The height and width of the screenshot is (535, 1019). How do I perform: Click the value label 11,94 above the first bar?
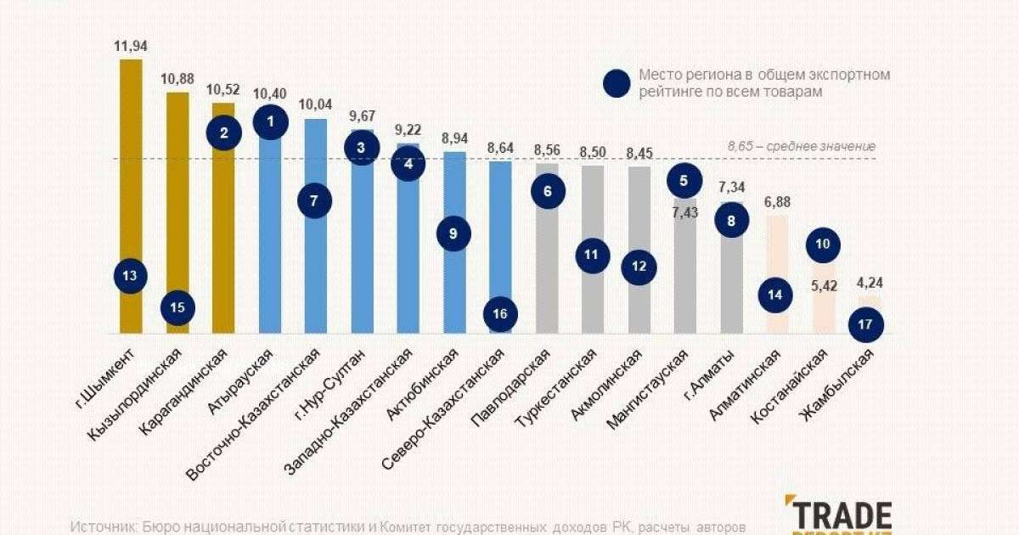131,46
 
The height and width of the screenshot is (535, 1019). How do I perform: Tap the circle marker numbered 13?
130,275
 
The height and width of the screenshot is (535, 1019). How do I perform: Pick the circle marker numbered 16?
500,314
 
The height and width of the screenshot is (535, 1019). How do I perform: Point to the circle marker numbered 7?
314,201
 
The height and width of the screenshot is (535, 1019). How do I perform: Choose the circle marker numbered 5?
684,180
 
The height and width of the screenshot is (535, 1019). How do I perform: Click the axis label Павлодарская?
511,388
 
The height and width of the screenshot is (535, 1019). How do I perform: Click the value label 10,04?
316,105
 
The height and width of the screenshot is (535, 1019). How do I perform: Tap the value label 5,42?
824,286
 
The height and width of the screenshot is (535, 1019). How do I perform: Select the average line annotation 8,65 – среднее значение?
801,147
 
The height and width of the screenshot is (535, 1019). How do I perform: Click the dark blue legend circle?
616,83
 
